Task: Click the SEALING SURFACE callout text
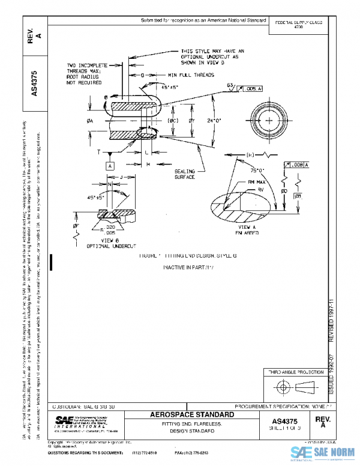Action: (185, 174)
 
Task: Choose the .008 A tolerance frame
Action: (298, 164)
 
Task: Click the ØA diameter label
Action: (89, 121)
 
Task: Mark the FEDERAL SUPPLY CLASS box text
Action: (298, 25)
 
